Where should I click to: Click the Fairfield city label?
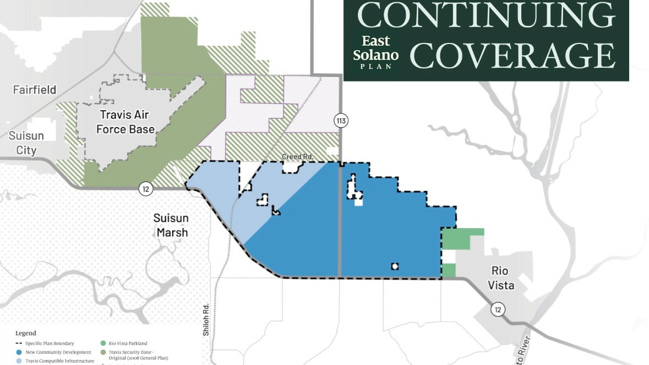35,89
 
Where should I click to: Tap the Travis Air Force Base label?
126,122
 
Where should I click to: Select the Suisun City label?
26,143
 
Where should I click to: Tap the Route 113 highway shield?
341,121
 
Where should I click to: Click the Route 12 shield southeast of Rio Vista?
498,310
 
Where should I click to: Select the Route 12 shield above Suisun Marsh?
145,189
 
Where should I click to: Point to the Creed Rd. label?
297,157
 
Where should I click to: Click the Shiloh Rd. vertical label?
206,320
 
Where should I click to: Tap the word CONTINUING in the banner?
486,16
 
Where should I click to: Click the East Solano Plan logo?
376,52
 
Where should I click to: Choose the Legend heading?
26,333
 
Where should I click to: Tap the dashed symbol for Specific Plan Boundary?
20,344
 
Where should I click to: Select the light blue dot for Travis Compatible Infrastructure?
20,361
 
